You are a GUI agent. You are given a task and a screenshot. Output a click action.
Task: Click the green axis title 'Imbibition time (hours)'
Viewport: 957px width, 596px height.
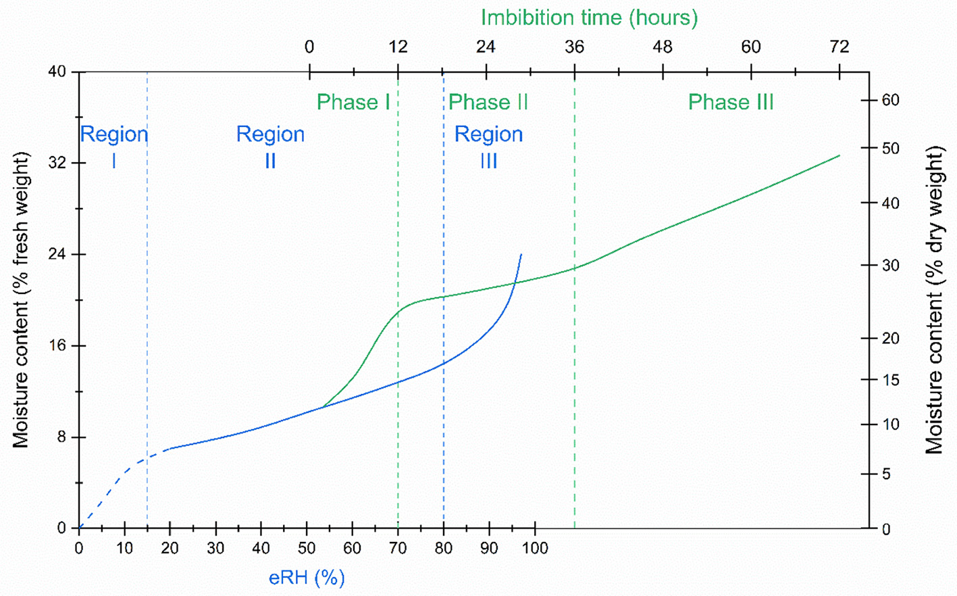pos(589,18)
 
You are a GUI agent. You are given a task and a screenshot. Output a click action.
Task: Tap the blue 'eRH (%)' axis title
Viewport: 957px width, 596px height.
pos(307,578)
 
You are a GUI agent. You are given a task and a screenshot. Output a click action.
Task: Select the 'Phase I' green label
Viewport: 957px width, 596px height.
pos(353,102)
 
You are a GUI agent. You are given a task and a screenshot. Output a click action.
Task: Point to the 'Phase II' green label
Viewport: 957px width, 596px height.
pos(488,102)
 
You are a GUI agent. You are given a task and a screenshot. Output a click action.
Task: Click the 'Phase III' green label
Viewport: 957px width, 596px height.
pos(730,102)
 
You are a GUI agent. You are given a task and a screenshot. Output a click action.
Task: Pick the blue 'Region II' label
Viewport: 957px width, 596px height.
pos(270,147)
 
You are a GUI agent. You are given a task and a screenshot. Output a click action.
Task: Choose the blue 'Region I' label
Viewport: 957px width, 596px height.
pos(113,147)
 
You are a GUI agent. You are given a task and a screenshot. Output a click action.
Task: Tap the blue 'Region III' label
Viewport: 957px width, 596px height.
pos(488,147)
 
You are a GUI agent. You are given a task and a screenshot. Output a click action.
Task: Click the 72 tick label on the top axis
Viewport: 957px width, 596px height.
pos(839,47)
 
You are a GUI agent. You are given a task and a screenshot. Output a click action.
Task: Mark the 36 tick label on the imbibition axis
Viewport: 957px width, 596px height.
pos(574,47)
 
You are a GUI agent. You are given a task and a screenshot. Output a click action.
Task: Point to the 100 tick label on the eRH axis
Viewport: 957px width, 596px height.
pos(535,548)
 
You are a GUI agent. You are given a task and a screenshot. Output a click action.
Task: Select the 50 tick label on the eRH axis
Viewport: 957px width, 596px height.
pos(307,548)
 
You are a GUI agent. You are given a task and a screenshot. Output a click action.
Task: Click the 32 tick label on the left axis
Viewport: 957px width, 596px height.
pos(57,163)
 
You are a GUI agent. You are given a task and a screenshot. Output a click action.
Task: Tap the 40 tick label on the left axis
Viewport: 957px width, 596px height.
pos(57,72)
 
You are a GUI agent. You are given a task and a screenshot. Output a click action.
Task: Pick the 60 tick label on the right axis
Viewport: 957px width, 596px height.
pos(890,100)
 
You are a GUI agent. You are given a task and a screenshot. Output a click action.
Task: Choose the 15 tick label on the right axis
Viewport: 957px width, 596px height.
pos(890,380)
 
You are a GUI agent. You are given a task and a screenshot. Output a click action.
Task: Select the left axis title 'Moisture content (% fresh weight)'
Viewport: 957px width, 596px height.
pos(21,299)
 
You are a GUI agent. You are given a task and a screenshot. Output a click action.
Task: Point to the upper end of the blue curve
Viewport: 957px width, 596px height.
pos(521,255)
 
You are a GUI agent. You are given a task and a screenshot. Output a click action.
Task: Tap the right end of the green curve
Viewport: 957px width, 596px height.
pos(839,155)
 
